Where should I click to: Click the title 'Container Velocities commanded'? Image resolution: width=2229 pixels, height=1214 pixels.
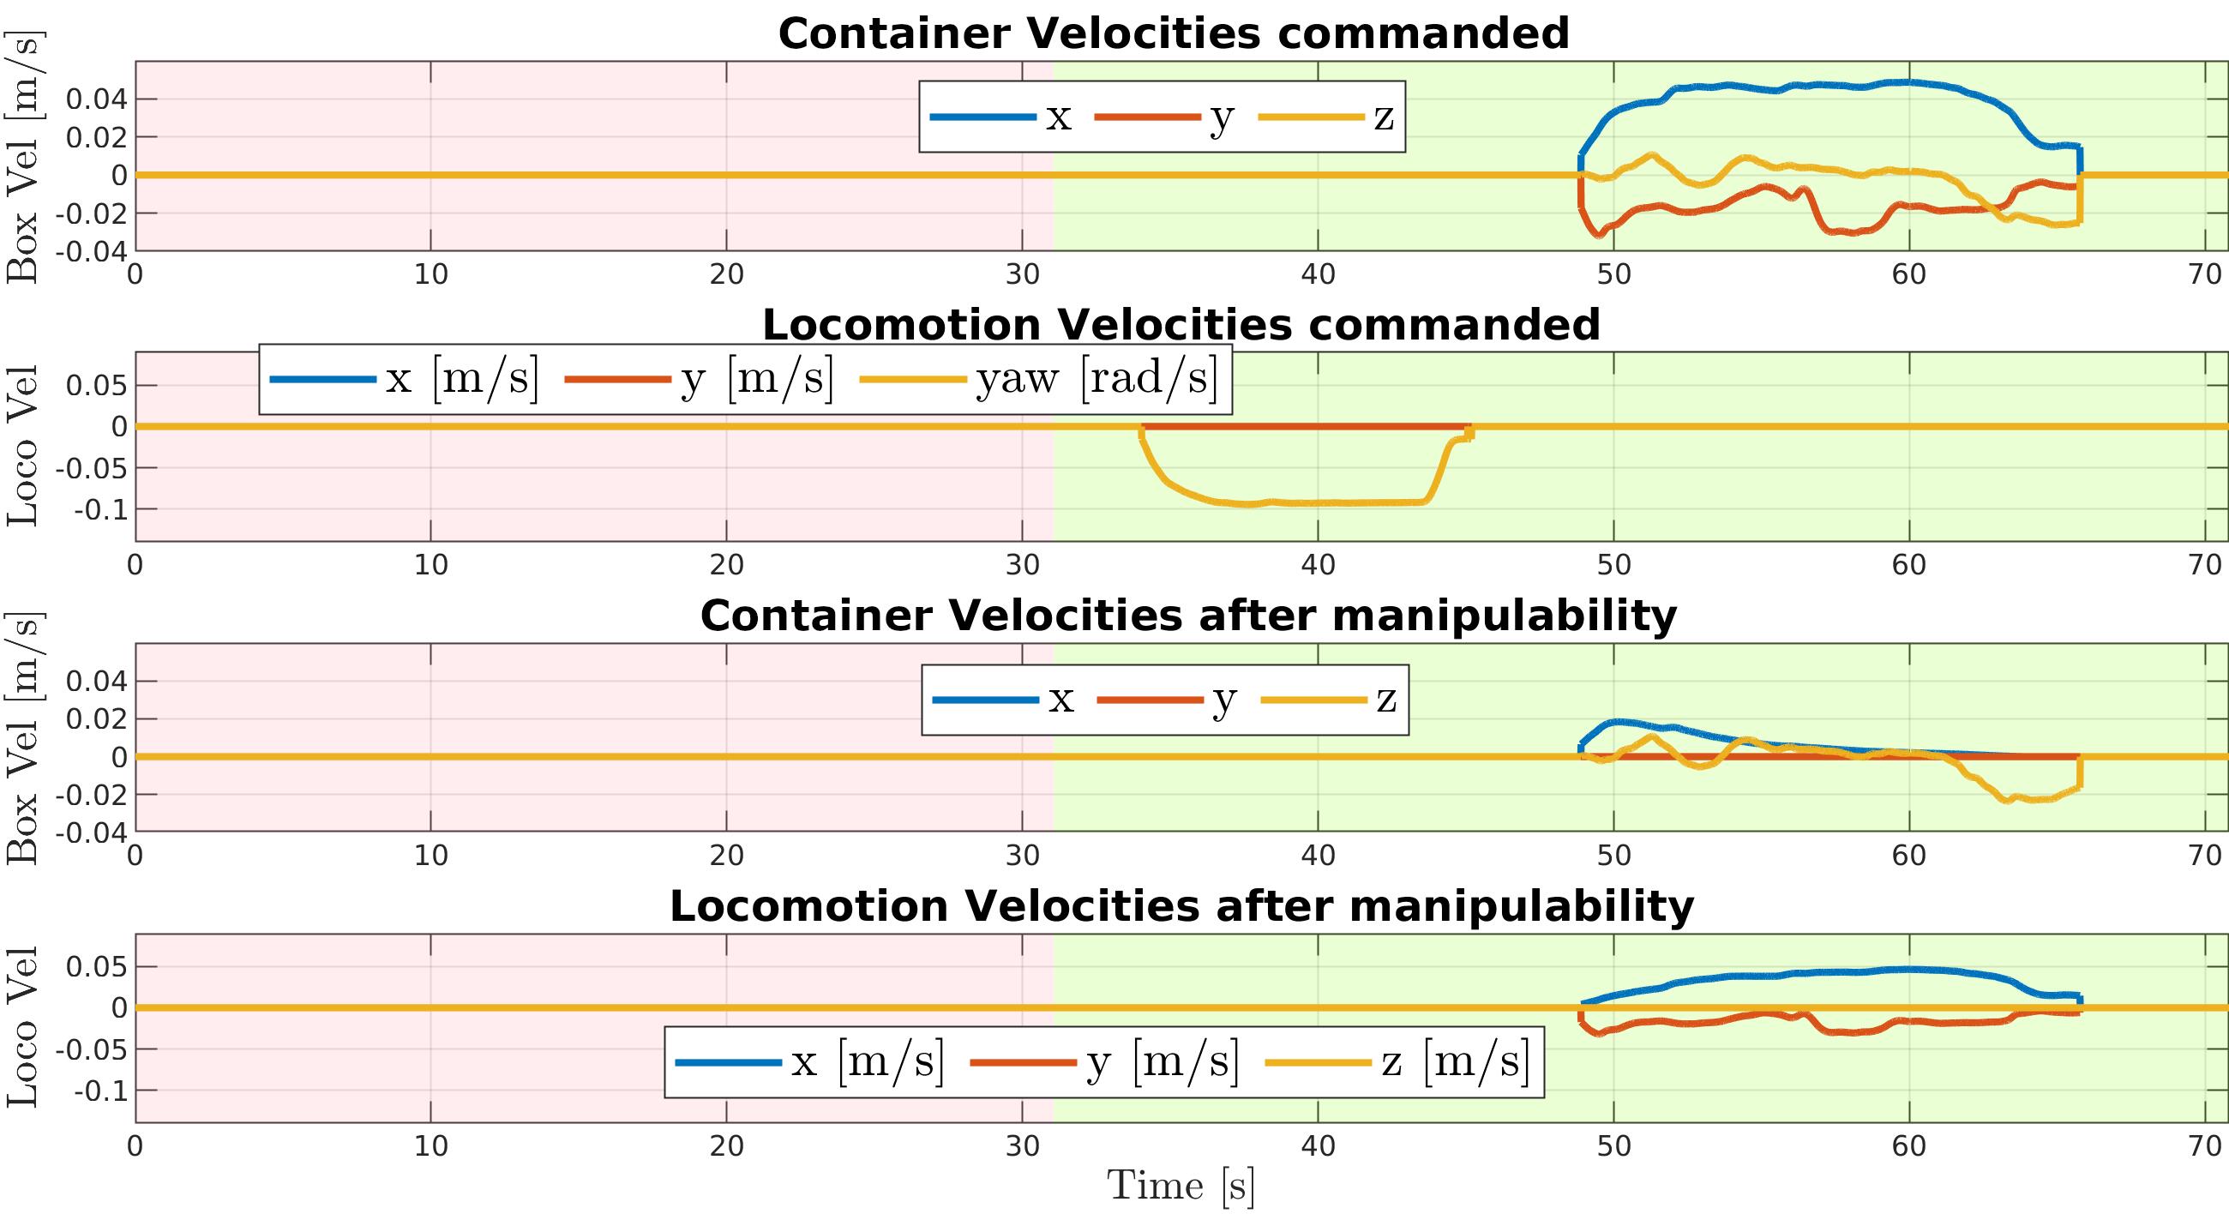(x=1174, y=34)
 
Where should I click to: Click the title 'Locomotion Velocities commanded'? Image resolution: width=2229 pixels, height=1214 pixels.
(x=1181, y=325)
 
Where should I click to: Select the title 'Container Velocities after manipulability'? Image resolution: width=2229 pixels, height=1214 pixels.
(x=1188, y=617)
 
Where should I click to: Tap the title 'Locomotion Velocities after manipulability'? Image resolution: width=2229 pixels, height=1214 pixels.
(x=1181, y=907)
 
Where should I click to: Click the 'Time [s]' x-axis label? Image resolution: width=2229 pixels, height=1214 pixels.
(x=1181, y=1186)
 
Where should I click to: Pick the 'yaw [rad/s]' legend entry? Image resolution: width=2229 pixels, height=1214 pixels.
(x=1096, y=379)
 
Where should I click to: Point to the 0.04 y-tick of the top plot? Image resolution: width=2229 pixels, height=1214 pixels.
(x=96, y=99)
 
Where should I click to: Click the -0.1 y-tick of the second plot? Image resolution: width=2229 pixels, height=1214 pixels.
(x=100, y=509)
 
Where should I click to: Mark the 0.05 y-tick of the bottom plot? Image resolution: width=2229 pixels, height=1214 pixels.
(x=96, y=966)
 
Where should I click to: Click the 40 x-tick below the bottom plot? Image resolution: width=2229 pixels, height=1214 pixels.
(x=1318, y=1146)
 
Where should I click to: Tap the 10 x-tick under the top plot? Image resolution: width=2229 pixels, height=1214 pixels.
(x=431, y=274)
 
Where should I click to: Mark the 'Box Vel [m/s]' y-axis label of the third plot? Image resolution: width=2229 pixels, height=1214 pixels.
(x=22, y=737)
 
